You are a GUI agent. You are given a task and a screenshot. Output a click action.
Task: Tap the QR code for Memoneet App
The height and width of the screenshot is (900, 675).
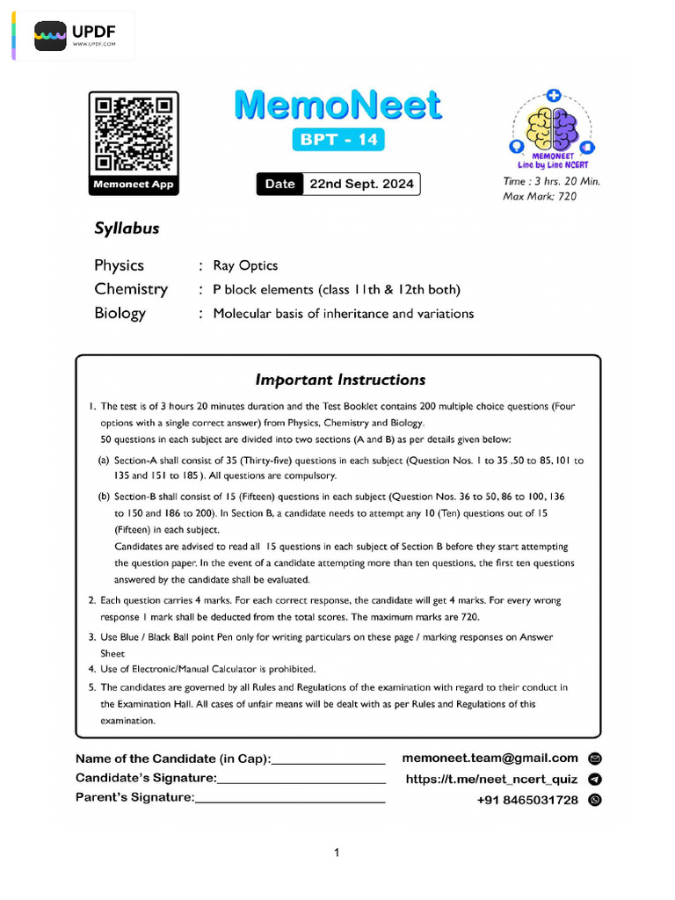(x=133, y=133)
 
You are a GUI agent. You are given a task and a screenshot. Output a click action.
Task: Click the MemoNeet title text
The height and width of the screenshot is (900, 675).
(x=338, y=105)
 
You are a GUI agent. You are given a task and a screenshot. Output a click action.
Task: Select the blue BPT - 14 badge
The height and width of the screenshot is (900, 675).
(x=338, y=140)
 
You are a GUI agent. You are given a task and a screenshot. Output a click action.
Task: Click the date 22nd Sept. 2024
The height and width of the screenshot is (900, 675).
(x=360, y=185)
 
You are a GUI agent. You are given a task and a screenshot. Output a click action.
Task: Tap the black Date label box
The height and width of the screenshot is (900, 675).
(x=279, y=185)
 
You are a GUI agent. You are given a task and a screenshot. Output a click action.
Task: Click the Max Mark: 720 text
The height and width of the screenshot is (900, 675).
(x=540, y=196)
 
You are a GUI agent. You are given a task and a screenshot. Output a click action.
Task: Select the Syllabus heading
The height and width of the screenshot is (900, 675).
(x=127, y=229)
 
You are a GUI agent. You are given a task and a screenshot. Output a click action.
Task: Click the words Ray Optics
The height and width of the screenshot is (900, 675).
(x=245, y=265)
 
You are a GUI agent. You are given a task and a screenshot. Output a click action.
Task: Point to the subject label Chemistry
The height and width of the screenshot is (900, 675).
(x=131, y=289)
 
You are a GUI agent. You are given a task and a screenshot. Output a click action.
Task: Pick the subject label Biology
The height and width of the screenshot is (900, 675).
(x=120, y=314)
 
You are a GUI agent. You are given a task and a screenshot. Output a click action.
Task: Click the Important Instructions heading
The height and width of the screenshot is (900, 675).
(x=340, y=380)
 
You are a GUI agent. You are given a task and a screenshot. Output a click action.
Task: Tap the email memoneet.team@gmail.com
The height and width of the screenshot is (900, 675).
(x=490, y=758)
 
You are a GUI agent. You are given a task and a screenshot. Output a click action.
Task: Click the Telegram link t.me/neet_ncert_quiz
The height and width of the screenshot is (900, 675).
(x=491, y=779)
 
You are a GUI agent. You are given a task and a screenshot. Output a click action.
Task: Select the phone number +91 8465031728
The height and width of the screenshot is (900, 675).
(x=527, y=800)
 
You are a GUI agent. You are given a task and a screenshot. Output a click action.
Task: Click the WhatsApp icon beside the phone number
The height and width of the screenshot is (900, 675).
(x=595, y=800)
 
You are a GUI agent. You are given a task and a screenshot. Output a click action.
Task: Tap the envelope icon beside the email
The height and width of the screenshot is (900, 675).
(x=595, y=758)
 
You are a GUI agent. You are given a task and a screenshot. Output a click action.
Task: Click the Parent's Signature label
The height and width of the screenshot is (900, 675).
(x=134, y=797)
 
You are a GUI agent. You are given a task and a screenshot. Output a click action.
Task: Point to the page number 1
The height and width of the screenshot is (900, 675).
(x=337, y=852)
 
